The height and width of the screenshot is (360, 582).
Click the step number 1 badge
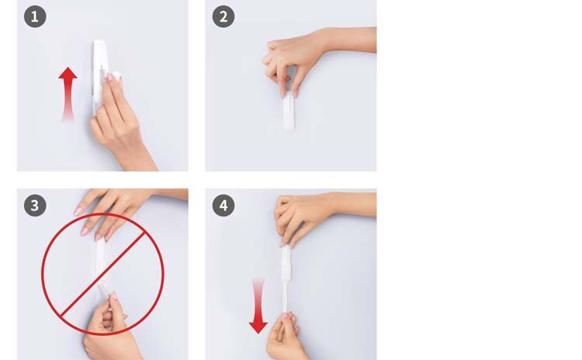[x=35, y=17]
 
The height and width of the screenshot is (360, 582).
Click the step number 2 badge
[x=223, y=17]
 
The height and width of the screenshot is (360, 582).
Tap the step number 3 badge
[x=35, y=206]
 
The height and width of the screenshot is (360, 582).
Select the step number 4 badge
[x=223, y=206]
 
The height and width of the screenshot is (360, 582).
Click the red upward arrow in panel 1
[x=68, y=94]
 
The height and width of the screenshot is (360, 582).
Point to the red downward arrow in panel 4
[x=258, y=306]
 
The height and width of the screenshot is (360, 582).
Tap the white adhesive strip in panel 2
[x=289, y=112]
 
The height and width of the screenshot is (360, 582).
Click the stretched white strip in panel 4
[x=286, y=279]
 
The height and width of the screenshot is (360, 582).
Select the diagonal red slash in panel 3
[x=102, y=275]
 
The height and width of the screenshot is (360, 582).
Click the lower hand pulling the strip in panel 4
[x=286, y=337]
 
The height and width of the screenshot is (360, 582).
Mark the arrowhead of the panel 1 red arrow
[x=68, y=73]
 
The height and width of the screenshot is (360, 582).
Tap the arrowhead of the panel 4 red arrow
[x=258, y=327]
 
